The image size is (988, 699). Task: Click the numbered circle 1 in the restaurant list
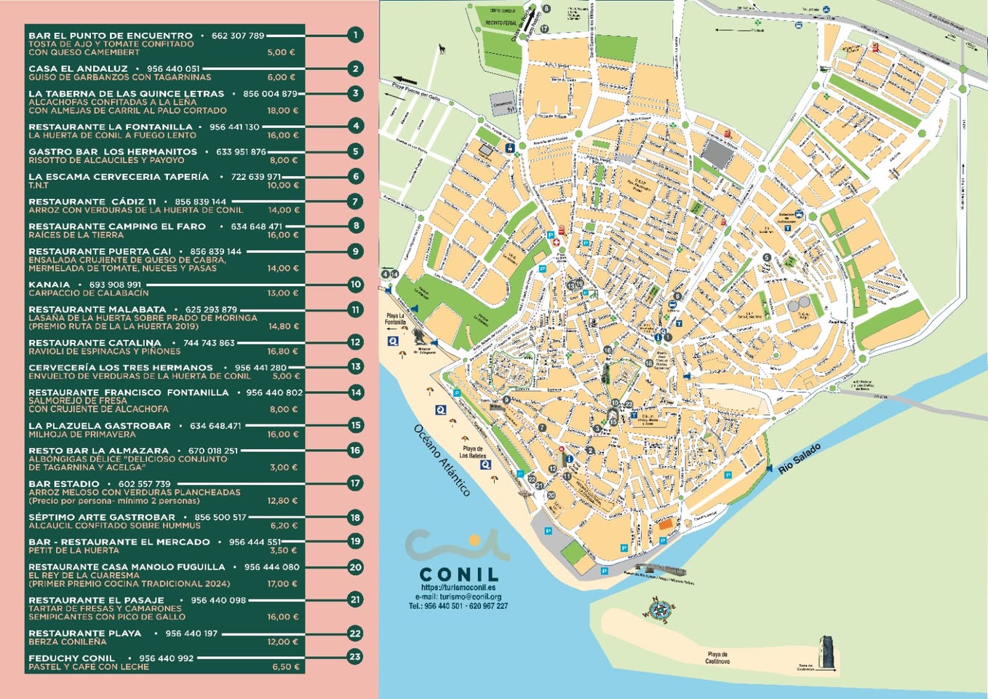coord(355,35)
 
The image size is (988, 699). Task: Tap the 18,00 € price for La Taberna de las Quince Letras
coord(283,111)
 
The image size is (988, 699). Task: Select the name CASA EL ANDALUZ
coord(78,68)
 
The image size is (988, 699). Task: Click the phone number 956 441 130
coord(234,127)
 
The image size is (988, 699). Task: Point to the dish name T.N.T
coord(39,185)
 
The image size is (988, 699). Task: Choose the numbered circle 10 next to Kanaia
coord(355,285)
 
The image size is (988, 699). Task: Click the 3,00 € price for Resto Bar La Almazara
coord(284,467)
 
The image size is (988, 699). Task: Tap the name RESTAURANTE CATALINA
coord(95,343)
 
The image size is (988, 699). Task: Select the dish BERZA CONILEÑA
coord(67,641)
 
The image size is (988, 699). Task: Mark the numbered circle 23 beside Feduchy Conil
coord(355,657)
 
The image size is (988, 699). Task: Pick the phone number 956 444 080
coord(271,566)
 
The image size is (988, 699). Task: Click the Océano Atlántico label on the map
coord(442,460)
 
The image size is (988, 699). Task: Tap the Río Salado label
coord(799,459)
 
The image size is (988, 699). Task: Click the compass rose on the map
coord(660,610)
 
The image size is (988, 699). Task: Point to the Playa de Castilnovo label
coord(717,657)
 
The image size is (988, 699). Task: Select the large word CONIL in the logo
coord(459,574)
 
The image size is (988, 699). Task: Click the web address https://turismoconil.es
coord(458,588)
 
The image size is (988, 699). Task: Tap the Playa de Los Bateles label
coord(472,452)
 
